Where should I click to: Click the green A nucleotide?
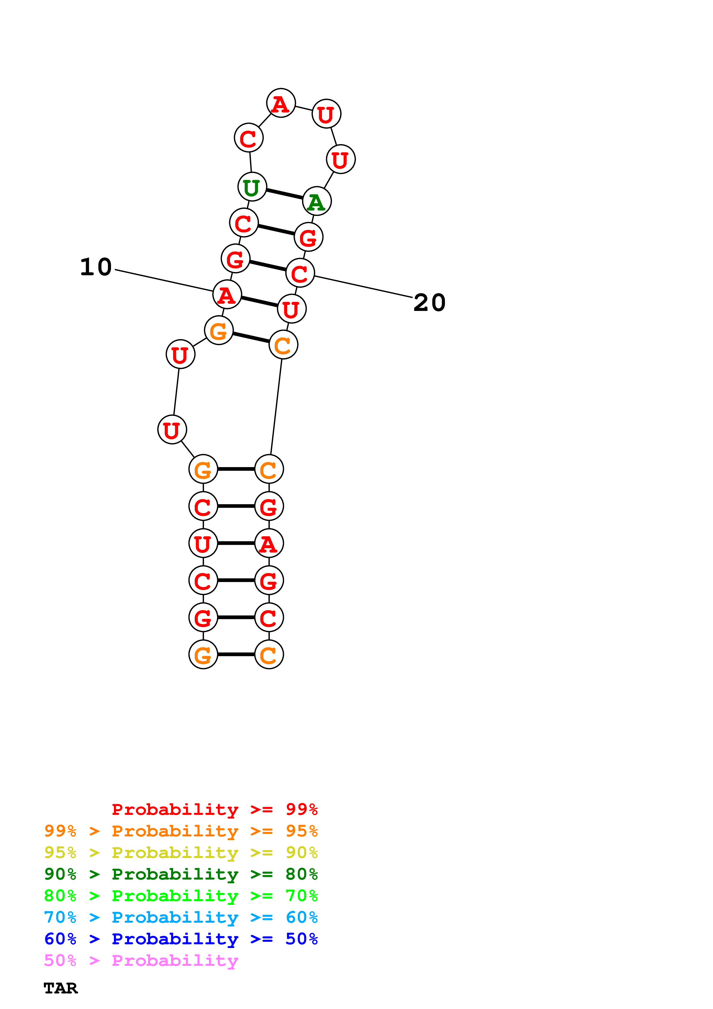317,201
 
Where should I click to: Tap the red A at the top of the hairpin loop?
281,103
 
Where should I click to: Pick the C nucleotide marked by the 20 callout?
300,273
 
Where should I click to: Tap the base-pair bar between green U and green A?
284,194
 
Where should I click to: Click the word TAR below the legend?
61,988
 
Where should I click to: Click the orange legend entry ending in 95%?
181,831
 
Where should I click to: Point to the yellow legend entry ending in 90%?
181,853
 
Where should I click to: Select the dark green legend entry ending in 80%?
181,874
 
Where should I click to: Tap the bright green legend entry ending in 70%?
181,896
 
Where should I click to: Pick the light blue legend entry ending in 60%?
181,917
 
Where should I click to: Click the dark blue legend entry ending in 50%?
181,939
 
